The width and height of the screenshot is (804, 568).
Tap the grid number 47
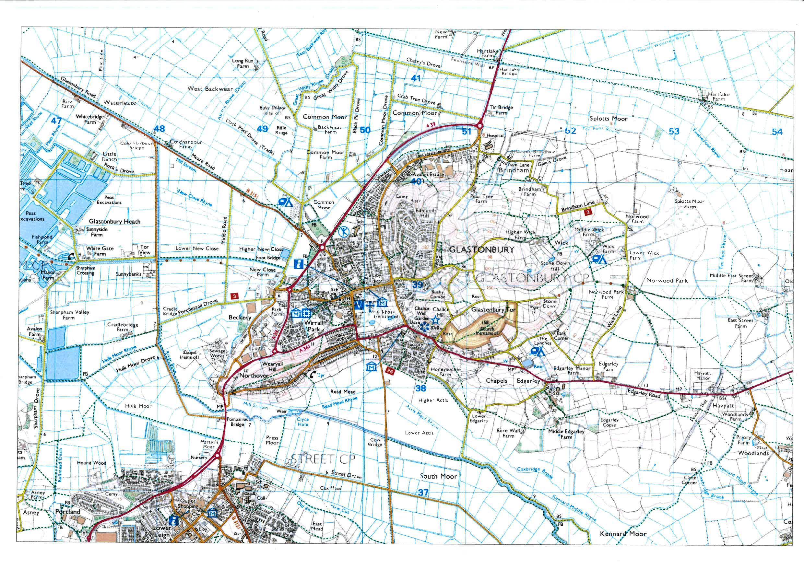(x=56, y=121)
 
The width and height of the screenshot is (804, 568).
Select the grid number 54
(x=777, y=132)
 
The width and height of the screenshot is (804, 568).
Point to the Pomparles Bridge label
(x=237, y=422)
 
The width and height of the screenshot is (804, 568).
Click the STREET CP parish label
(x=323, y=459)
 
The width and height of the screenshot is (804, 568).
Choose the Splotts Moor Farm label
(x=690, y=204)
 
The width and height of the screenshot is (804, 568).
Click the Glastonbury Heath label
(x=114, y=221)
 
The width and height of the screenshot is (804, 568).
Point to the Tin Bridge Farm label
(x=501, y=110)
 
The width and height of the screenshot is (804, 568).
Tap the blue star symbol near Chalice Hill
(x=434, y=319)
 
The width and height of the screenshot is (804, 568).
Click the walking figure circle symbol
(x=344, y=231)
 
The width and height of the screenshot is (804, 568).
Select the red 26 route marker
(x=390, y=370)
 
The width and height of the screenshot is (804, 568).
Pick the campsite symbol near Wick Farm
(x=599, y=259)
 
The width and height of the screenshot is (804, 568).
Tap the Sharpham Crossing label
(x=86, y=270)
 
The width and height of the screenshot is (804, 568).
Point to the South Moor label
(x=438, y=476)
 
